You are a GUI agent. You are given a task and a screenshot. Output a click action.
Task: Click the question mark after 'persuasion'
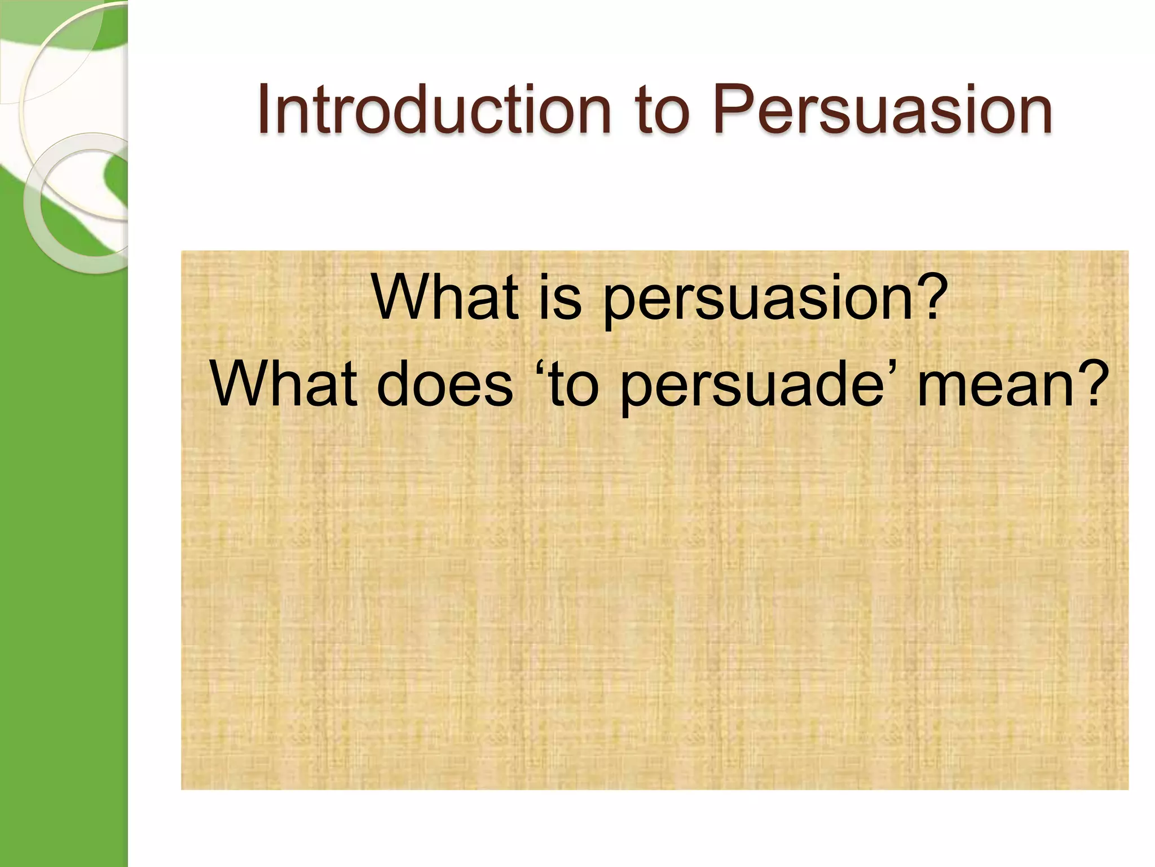(x=931, y=295)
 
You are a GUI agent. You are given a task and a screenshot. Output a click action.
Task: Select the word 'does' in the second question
(x=444, y=384)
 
